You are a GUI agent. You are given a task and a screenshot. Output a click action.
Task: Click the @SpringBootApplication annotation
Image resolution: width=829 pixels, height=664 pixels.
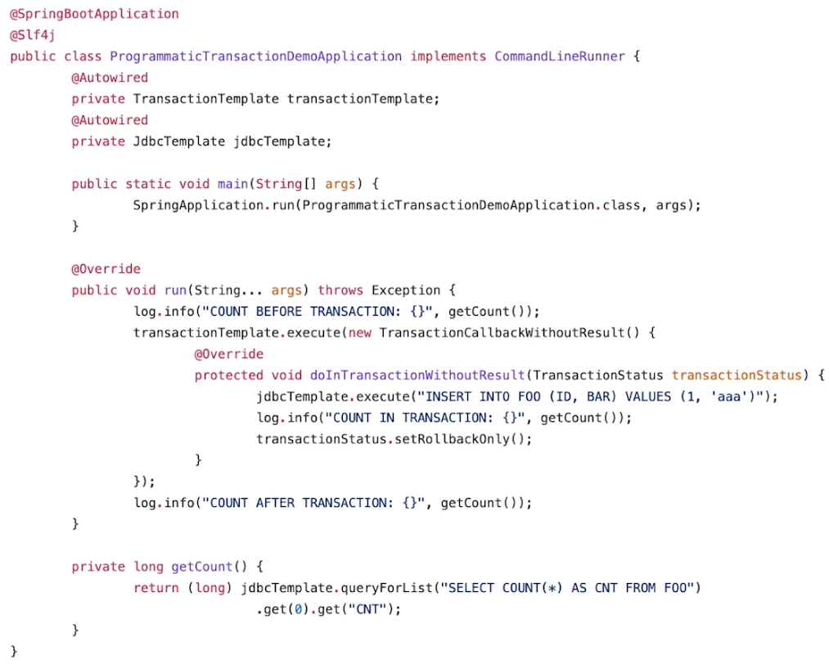[x=94, y=14]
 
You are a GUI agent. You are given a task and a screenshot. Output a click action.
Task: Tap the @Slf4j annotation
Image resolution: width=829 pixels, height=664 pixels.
[x=32, y=35]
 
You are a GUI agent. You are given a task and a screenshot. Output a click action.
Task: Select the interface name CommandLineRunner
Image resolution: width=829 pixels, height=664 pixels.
[x=560, y=56]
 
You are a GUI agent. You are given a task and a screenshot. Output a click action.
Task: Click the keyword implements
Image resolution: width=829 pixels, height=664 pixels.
[x=448, y=56]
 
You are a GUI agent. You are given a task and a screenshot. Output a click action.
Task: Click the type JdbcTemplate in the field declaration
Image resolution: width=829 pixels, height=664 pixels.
[x=178, y=141]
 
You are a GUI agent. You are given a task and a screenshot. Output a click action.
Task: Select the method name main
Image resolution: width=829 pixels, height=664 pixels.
[x=232, y=184]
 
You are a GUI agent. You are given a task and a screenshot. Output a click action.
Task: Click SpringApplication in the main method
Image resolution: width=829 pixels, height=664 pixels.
[x=198, y=205]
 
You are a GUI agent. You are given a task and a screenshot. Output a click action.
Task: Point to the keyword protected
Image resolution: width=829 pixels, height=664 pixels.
[x=228, y=375]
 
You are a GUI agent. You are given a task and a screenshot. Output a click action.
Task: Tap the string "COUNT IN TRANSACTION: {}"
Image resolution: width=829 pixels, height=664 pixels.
[x=425, y=418]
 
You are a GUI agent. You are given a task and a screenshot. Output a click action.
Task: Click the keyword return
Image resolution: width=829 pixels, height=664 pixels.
[x=156, y=588]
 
